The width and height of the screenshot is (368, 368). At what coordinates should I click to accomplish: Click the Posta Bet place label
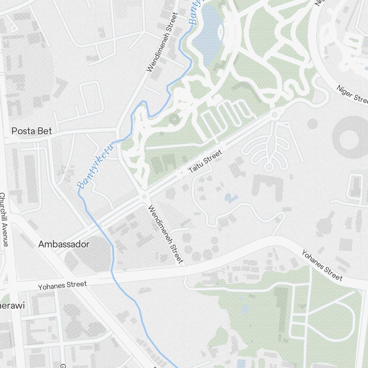32,131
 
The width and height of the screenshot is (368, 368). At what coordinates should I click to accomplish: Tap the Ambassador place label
64,244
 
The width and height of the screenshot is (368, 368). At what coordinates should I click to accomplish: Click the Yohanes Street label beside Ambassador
63,285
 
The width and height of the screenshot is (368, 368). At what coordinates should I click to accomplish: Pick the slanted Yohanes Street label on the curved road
322,265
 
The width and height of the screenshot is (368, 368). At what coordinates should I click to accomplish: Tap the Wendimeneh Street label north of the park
162,42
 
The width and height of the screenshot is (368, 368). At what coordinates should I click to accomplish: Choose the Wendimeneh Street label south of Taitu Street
166,234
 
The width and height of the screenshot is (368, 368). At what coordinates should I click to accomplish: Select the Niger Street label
352,94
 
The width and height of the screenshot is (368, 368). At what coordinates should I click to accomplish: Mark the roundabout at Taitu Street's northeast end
274,115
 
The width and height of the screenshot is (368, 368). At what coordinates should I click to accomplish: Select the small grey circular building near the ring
312,124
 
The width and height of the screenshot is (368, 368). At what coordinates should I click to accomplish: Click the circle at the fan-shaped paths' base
269,167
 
